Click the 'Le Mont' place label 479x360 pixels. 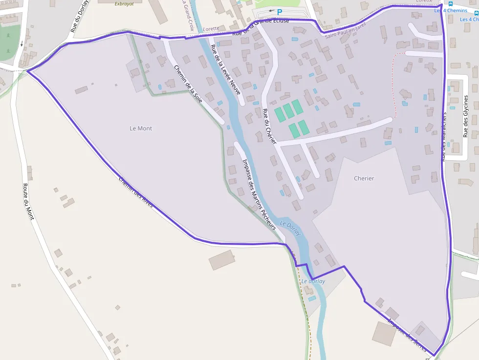point(141,128)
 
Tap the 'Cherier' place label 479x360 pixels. point(364,178)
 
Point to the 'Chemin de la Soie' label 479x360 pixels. point(188,84)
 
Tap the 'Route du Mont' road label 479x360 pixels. point(28,201)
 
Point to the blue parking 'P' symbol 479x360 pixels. point(280,12)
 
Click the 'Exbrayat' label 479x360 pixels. point(124,3)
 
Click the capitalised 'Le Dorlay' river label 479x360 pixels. point(290,229)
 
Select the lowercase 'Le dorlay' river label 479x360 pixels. point(313,281)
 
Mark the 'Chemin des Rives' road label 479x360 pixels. point(136,192)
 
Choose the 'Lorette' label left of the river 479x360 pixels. point(211,29)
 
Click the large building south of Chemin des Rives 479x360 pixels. point(222,260)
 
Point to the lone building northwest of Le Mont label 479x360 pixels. point(81,90)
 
